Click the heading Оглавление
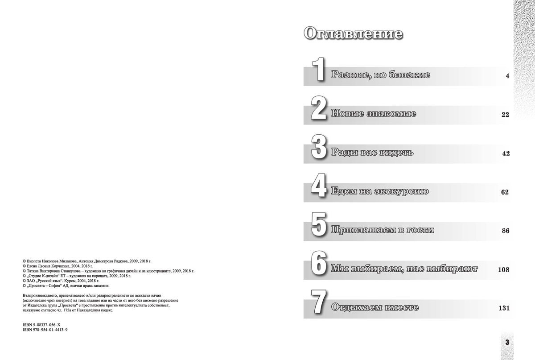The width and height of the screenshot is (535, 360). (353, 34)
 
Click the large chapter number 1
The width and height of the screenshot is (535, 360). (319, 70)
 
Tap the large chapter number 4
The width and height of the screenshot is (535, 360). (319, 188)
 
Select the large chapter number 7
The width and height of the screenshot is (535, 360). (319, 304)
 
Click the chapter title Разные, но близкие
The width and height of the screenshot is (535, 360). (381, 75)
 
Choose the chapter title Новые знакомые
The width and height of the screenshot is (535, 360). (374, 114)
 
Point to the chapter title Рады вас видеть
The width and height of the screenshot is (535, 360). (372, 153)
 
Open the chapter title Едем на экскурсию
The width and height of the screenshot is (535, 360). (380, 192)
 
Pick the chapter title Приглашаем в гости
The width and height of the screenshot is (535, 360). (383, 231)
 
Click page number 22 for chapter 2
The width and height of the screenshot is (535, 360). (505, 115)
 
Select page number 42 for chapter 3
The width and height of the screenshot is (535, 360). (505, 153)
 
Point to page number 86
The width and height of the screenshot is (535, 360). (505, 231)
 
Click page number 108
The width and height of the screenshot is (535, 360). (503, 270)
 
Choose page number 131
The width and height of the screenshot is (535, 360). (503, 308)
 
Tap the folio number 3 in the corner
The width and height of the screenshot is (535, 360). (507, 342)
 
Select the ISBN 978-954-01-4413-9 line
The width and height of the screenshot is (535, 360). (47, 329)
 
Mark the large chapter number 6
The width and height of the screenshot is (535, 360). (319, 265)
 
